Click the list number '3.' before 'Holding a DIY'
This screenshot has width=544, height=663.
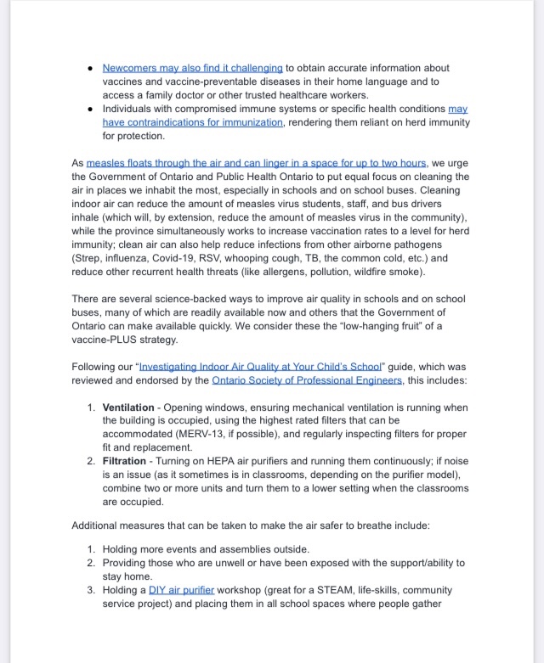click(x=93, y=590)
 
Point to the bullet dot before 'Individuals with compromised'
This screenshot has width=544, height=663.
click(x=89, y=109)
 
